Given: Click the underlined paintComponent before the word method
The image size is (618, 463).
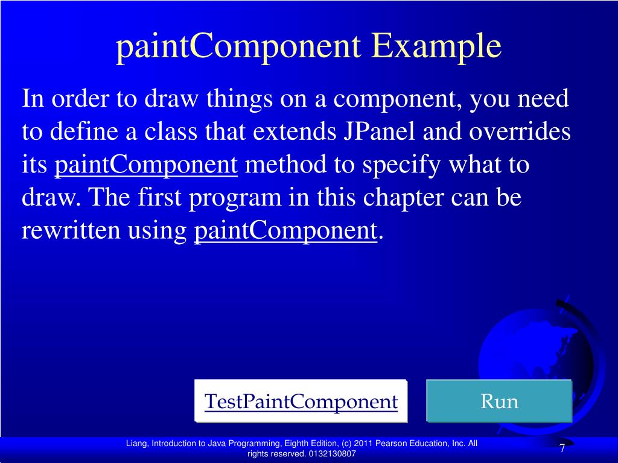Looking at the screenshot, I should coord(147,165).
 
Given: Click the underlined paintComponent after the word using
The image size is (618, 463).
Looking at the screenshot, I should coord(285,231).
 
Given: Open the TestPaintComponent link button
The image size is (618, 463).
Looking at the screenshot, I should coord(301,401).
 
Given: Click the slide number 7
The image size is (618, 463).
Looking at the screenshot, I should coord(562,449).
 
